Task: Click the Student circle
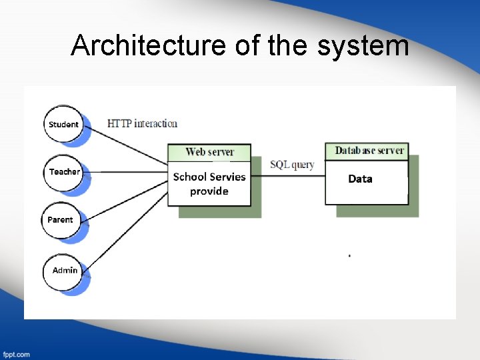pyautogui.click(x=63, y=124)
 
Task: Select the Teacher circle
pyautogui.click(x=64, y=172)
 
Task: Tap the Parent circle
pyautogui.click(x=61, y=220)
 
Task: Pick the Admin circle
pyautogui.click(x=65, y=271)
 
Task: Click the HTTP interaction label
pyautogui.click(x=142, y=123)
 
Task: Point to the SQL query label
pyautogui.click(x=292, y=165)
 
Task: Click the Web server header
pyautogui.click(x=209, y=152)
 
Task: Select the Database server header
pyautogui.click(x=369, y=151)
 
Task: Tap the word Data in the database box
pyautogui.click(x=360, y=179)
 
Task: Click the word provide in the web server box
pyautogui.click(x=209, y=191)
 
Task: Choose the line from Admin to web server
pyautogui.click(x=127, y=229)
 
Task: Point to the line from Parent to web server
pyautogui.click(x=127, y=200)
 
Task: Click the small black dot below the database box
pyautogui.click(x=349, y=255)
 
